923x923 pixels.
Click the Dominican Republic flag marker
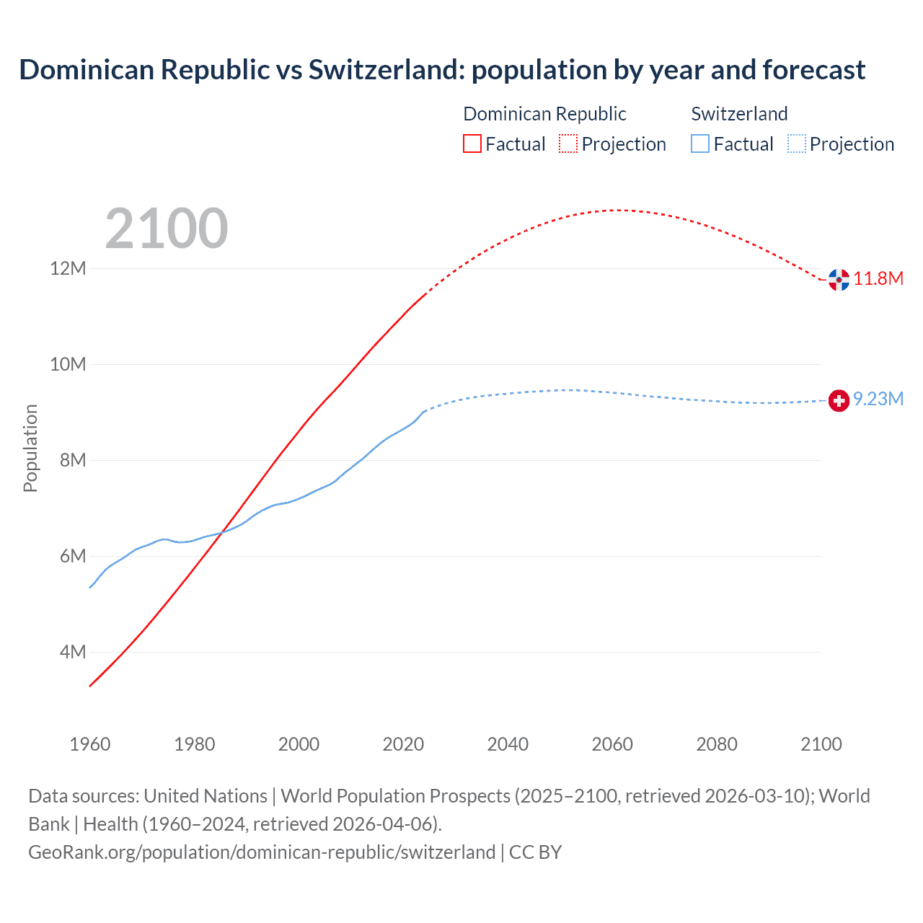coord(839,280)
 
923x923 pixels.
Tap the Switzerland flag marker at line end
coord(839,400)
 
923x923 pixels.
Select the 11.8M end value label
coord(878,279)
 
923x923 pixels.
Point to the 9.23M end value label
coord(878,399)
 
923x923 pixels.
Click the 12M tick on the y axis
coord(68,269)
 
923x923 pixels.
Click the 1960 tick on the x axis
coord(90,744)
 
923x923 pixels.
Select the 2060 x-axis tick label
coord(612,744)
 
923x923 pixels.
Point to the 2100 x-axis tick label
coord(821,744)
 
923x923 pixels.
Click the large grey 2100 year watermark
coord(167,229)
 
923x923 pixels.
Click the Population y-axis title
coord(30,448)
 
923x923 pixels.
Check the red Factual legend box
coord(472,144)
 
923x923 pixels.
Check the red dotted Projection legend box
coord(568,144)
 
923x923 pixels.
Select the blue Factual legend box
coord(700,144)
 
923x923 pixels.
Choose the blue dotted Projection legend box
coord(797,144)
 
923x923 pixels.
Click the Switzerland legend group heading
coord(739,114)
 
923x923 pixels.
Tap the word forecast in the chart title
coord(813,70)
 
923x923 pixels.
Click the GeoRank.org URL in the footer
coord(262,852)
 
